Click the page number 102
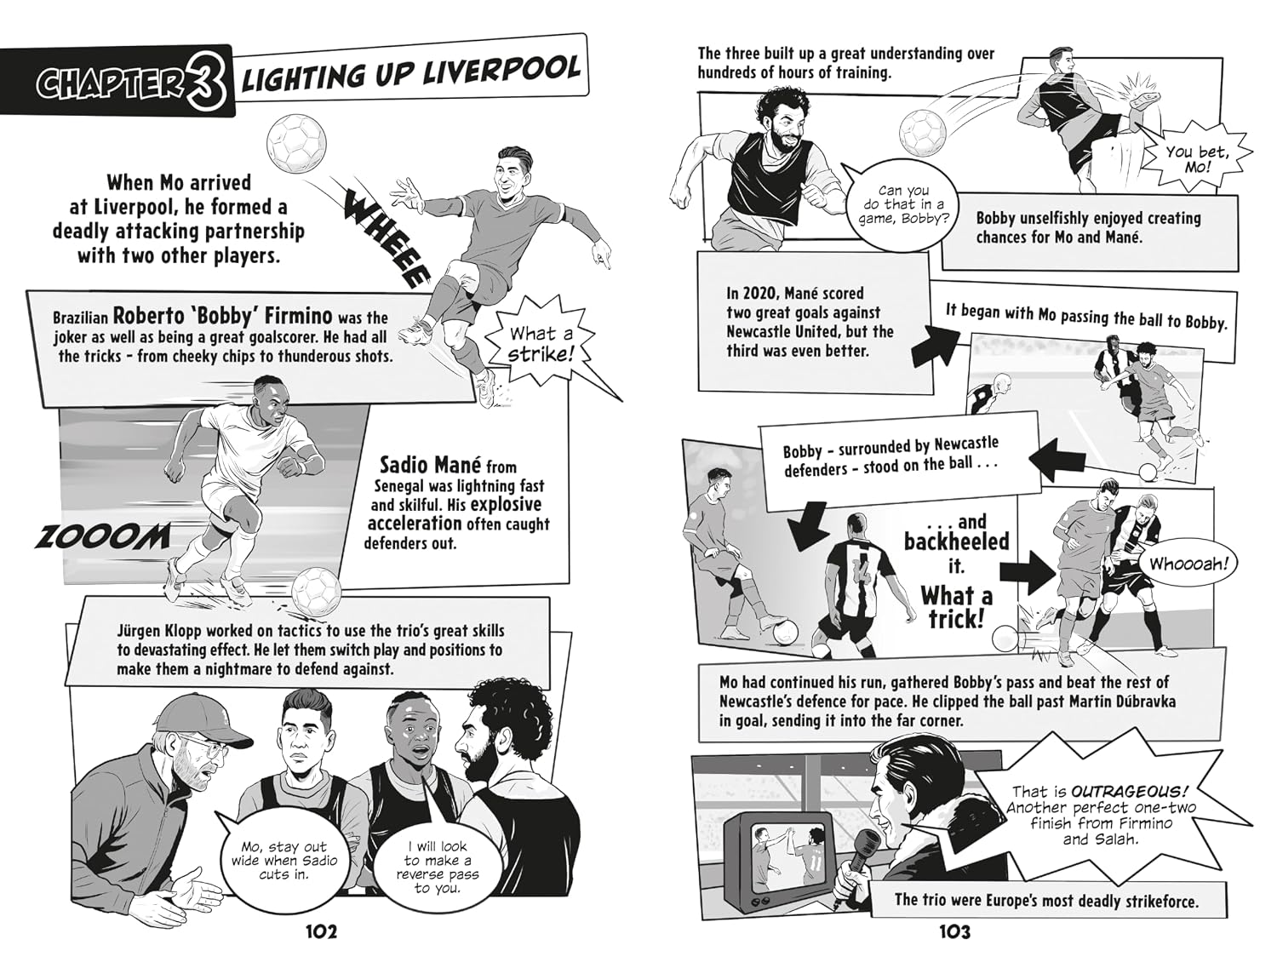(x=321, y=932)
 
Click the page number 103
(x=954, y=932)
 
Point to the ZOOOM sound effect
(x=102, y=536)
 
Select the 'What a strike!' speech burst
(x=541, y=345)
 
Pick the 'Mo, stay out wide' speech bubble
(x=283, y=861)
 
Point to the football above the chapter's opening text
(x=296, y=142)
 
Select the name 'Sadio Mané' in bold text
(x=431, y=466)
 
